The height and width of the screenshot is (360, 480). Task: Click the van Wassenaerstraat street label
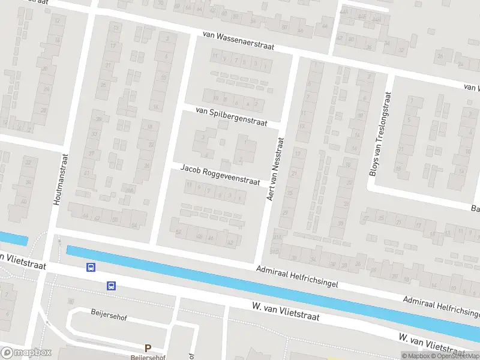pos(238,40)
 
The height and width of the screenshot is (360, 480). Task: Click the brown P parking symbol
pos(148,348)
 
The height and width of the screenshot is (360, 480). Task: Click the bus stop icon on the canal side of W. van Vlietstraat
pos(91,268)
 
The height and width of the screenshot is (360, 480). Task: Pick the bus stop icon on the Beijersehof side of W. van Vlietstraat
pos(112,286)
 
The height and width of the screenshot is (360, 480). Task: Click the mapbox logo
pos(26,352)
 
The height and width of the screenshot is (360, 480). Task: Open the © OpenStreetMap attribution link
pos(455,356)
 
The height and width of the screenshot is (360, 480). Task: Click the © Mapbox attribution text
pos(415,356)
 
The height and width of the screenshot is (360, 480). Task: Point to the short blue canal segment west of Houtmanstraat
pos(13,239)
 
